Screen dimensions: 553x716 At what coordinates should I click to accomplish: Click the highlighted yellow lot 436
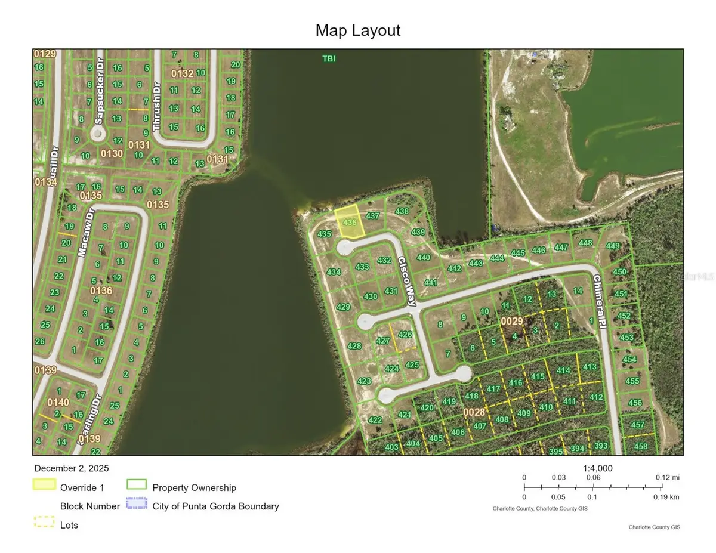pyautogui.click(x=348, y=222)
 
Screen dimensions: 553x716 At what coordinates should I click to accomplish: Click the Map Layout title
pyautogui.click(x=358, y=30)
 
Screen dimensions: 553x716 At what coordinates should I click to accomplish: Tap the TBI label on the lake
pyautogui.click(x=328, y=58)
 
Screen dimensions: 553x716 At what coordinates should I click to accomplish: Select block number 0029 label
pyautogui.click(x=511, y=321)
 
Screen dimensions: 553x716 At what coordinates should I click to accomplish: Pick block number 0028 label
pyautogui.click(x=474, y=412)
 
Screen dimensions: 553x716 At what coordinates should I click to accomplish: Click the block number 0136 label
pyautogui.click(x=101, y=291)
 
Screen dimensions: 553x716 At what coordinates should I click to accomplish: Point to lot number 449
pyautogui.click(x=613, y=245)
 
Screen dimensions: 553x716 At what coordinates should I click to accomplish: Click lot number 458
pyautogui.click(x=641, y=446)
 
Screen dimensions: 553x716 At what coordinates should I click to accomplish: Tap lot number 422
pyautogui.click(x=375, y=420)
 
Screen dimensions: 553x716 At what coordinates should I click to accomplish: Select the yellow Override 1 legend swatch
pyautogui.click(x=44, y=485)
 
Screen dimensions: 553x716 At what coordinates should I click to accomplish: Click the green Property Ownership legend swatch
pyautogui.click(x=137, y=485)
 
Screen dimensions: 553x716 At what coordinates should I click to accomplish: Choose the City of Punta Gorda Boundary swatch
pyautogui.click(x=137, y=505)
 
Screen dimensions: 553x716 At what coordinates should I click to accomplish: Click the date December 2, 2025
pyautogui.click(x=72, y=468)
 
